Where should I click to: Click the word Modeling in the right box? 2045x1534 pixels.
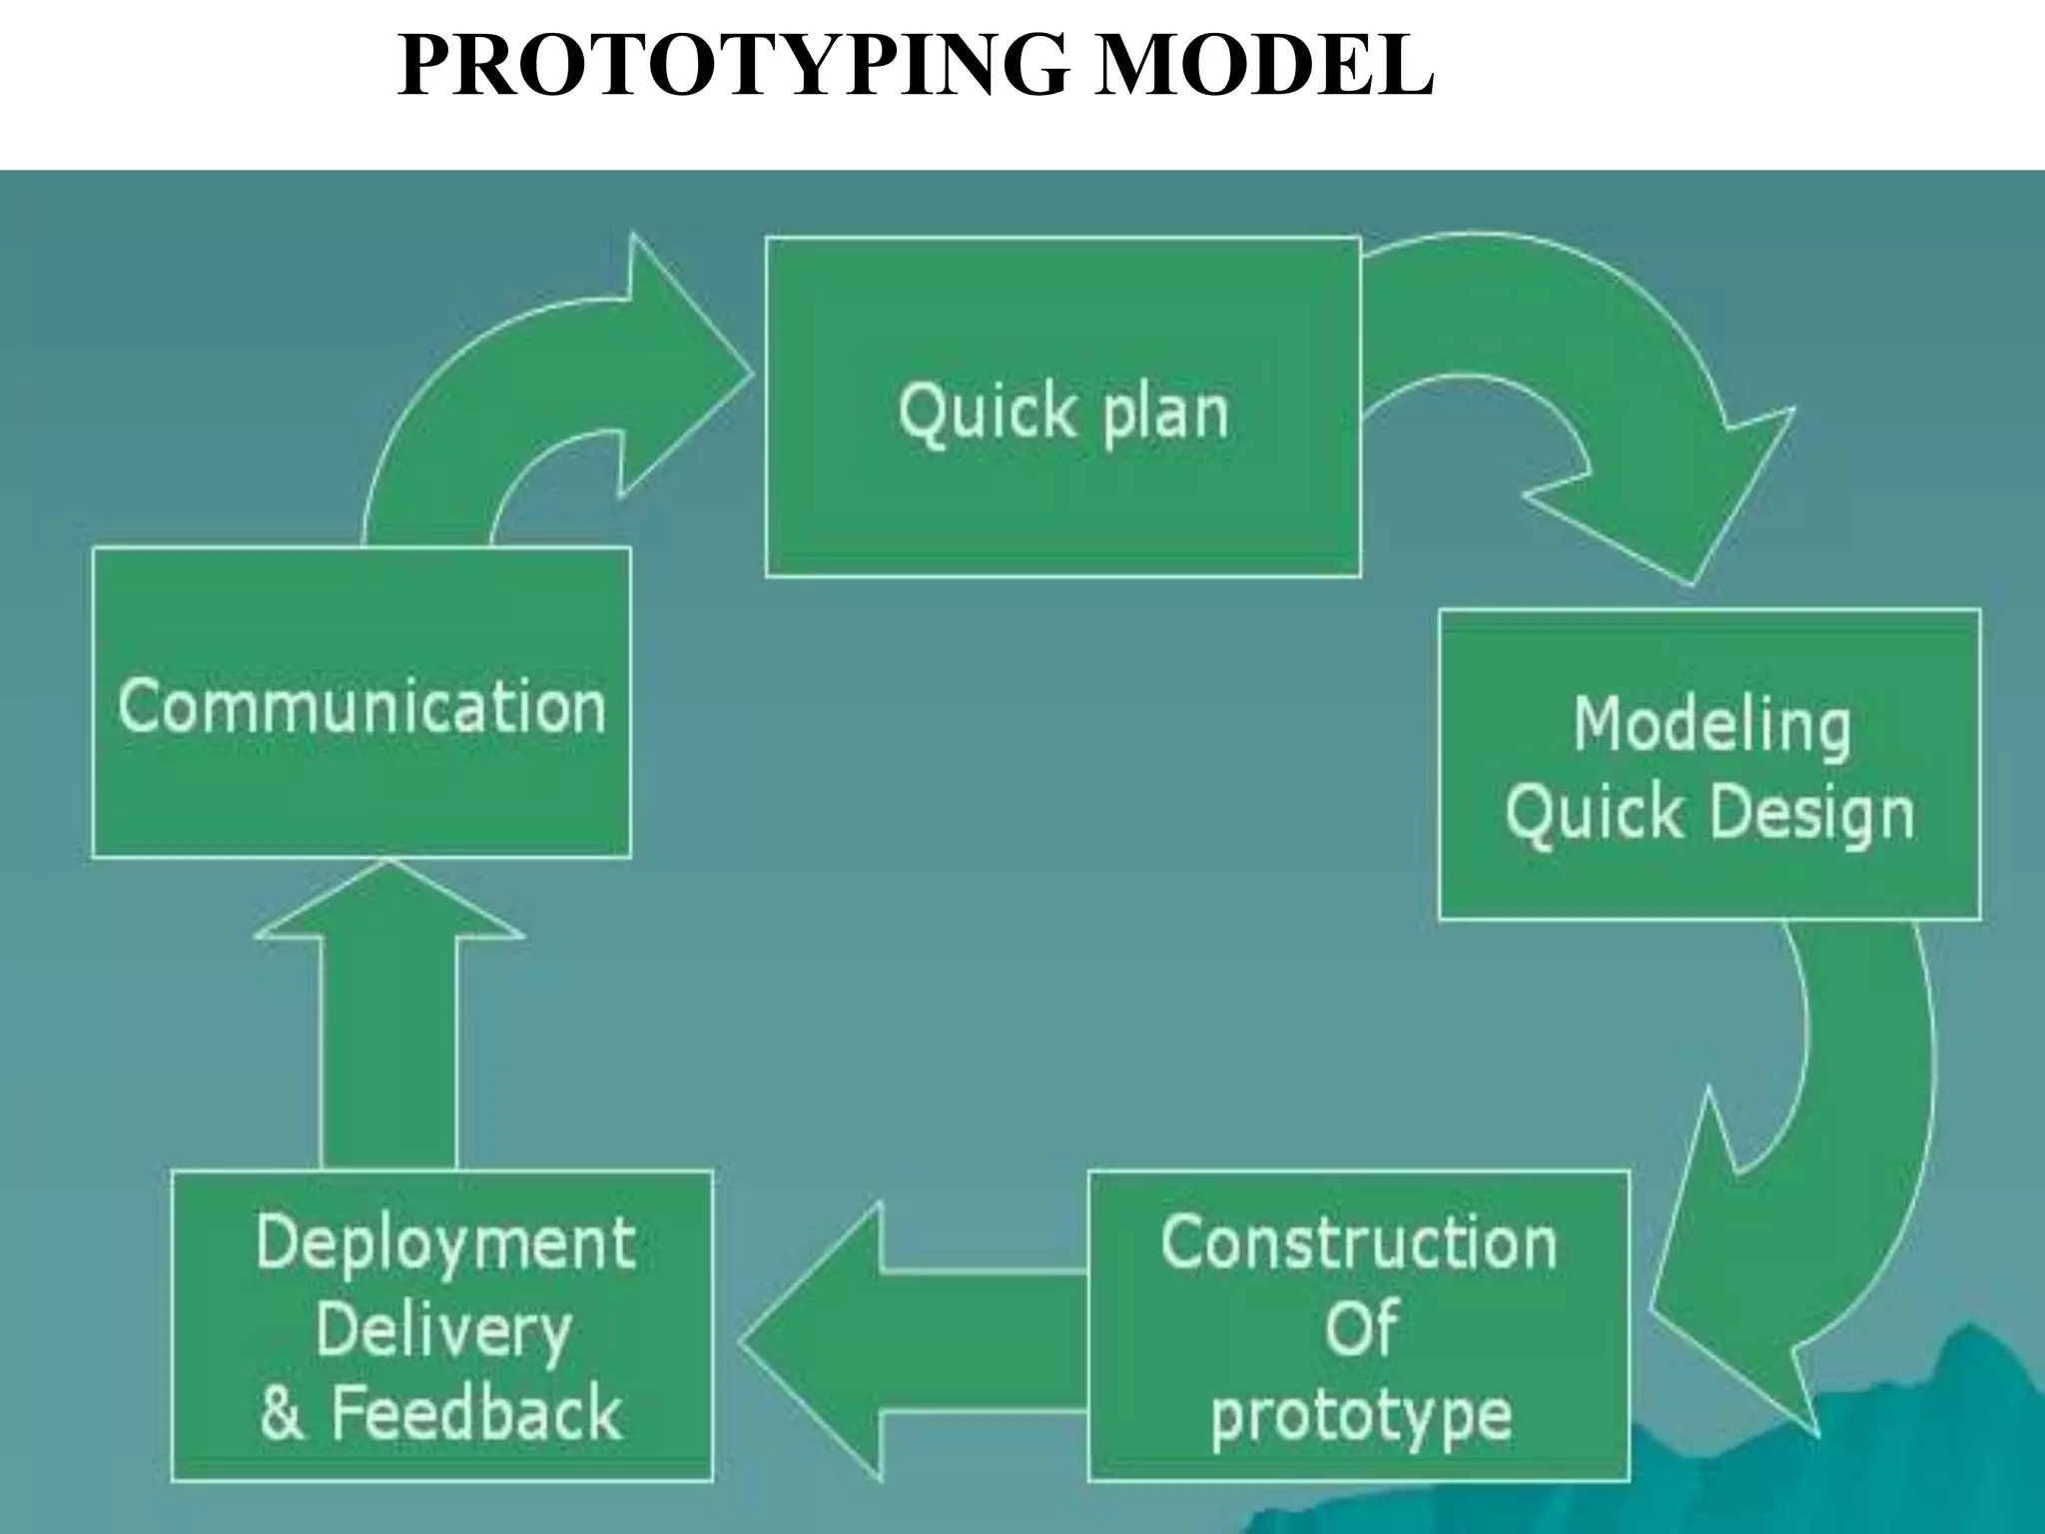1711,726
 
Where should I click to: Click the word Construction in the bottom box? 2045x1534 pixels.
1358,1243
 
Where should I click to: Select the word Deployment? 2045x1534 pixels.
445,1244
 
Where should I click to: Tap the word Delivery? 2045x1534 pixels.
443,1330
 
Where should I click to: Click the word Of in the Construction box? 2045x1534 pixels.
1360,1329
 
